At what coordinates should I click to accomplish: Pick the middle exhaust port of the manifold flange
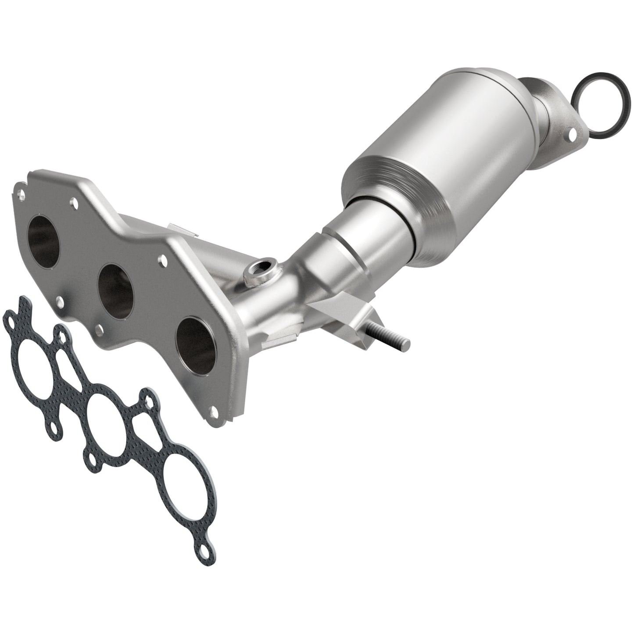[115, 285]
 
